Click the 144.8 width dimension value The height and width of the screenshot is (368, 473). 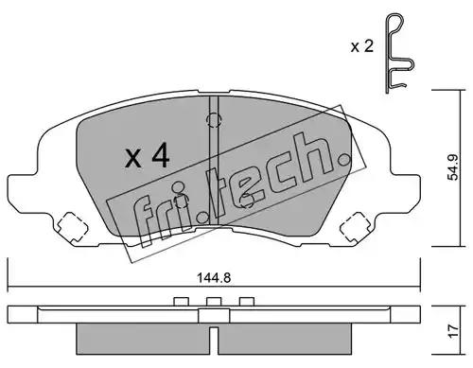214,278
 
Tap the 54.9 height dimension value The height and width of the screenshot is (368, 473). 454,166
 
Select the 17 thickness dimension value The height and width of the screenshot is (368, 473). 453,331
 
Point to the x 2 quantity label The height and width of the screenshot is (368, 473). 362,46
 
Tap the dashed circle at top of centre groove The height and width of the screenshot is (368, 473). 214,120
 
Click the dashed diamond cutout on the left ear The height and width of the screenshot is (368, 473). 72,227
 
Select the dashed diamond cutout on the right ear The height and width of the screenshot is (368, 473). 356,227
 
